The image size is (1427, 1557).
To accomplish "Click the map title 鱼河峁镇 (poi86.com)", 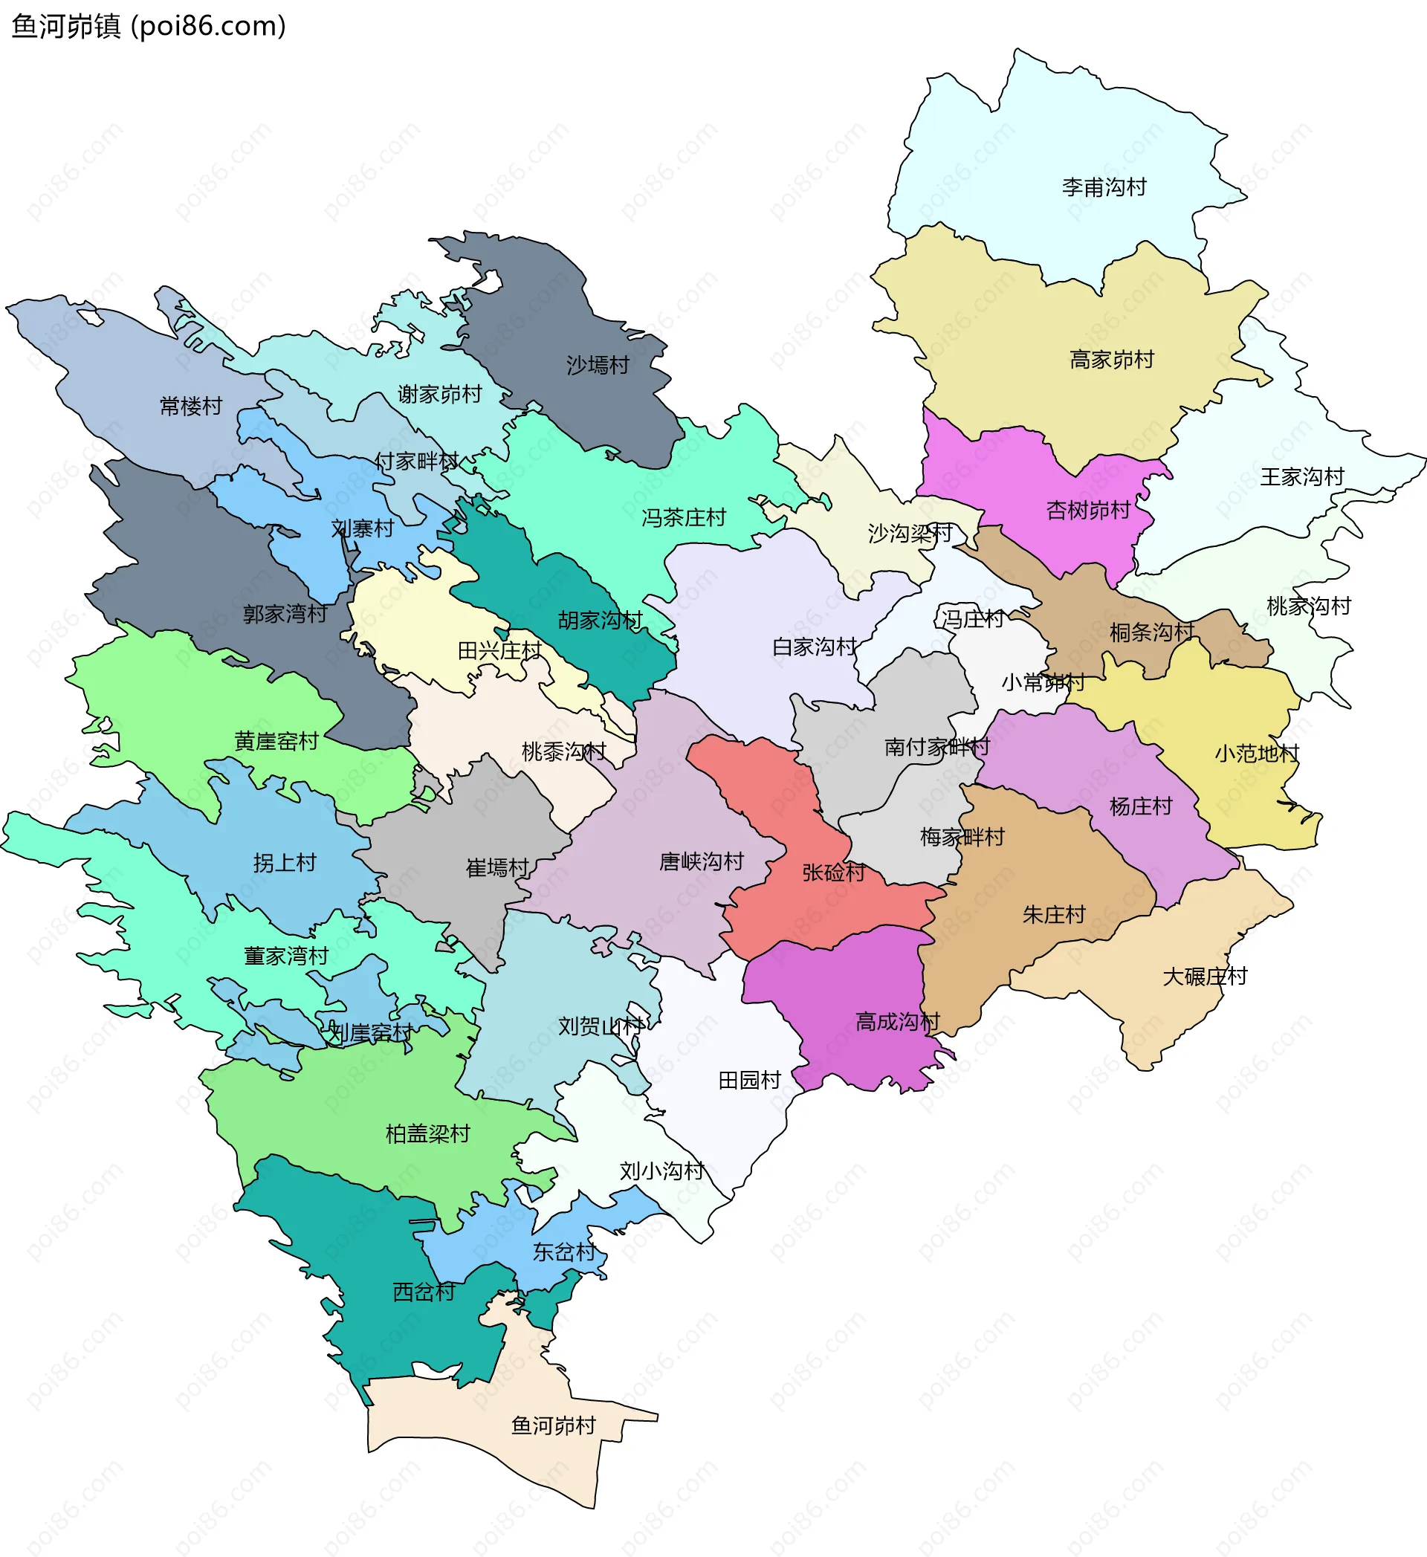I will point(148,26).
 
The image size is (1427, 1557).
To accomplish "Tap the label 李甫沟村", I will point(1104,187).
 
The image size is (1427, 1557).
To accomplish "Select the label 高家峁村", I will point(1111,359).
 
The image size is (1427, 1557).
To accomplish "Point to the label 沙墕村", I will point(598,364).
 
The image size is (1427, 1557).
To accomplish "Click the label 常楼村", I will point(191,406).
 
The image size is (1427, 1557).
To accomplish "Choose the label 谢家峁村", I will point(439,394).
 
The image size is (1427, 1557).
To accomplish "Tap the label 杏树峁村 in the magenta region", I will point(1087,510).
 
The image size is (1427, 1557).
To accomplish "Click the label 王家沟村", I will point(1302,476).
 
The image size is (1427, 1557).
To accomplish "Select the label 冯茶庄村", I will point(683,517).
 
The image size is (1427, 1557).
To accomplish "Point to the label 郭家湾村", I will point(285,614).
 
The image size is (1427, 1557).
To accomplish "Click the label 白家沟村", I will point(814,647).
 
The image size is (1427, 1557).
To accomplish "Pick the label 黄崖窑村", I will point(276,742).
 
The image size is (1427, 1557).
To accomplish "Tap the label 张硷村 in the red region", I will point(833,872).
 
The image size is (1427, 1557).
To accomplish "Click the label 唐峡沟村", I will point(700,861).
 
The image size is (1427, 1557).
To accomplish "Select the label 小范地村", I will point(1256,753).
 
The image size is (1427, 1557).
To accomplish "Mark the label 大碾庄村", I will point(1205,977).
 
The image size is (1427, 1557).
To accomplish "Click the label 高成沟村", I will point(897,1022).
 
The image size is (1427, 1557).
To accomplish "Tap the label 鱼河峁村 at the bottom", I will point(553,1425).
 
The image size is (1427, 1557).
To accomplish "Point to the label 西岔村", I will point(423,1292).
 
